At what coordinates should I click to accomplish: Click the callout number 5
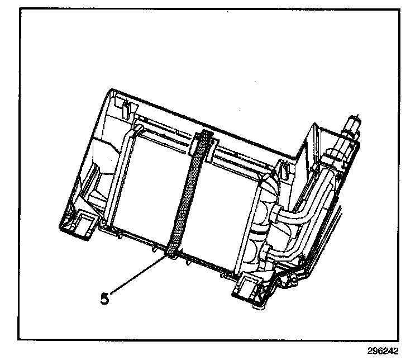[104, 297]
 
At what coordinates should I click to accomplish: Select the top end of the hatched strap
[205, 137]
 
